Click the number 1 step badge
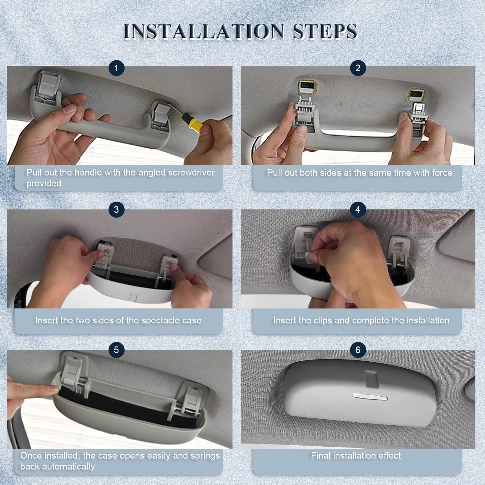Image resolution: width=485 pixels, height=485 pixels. pos(116,68)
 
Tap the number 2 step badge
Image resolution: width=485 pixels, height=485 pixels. pos(358,68)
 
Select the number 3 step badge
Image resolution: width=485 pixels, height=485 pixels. pos(116,209)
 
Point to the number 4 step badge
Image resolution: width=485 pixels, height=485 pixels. pos(358,209)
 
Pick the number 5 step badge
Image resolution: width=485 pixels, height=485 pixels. pos(116,350)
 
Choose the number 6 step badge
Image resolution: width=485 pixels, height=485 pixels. pos(358,350)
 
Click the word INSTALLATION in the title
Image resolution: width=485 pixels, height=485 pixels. pos(204,31)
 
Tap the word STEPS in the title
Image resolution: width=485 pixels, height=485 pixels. pos(325,31)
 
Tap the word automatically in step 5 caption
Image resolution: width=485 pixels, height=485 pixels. pos(68,467)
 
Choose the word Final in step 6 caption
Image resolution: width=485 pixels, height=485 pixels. pos(321,455)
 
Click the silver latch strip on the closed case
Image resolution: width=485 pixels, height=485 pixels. pos(370,396)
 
